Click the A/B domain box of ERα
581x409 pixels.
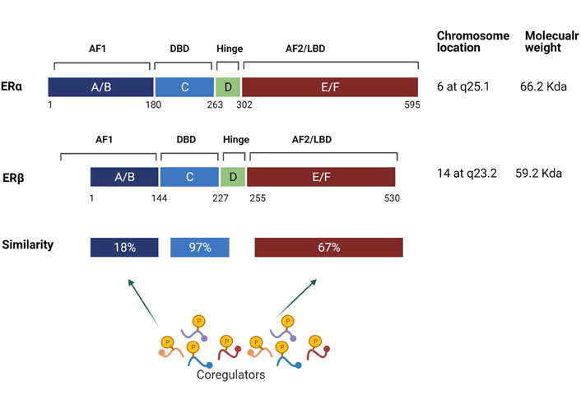(x=100, y=87)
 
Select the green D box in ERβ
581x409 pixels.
(x=233, y=177)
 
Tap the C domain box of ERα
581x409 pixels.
(x=184, y=87)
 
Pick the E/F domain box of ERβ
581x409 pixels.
(x=321, y=177)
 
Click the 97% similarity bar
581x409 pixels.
(x=200, y=247)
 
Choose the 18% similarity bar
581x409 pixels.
(x=124, y=247)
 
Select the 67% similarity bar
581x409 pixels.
(x=328, y=247)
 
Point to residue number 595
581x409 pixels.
(x=412, y=105)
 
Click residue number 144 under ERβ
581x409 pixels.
(x=159, y=198)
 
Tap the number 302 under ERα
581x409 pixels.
(x=244, y=105)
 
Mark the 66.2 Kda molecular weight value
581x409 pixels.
(x=543, y=86)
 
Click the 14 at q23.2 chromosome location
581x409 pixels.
(x=467, y=174)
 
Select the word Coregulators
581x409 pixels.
(x=231, y=374)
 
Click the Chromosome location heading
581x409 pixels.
(x=473, y=41)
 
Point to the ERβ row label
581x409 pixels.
(x=13, y=178)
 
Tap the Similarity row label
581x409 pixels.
(x=28, y=244)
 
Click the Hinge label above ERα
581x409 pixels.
(x=230, y=49)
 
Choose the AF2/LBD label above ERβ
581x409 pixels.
(x=312, y=140)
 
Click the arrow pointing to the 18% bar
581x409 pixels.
(x=143, y=303)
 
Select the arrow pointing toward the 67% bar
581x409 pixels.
(x=296, y=298)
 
